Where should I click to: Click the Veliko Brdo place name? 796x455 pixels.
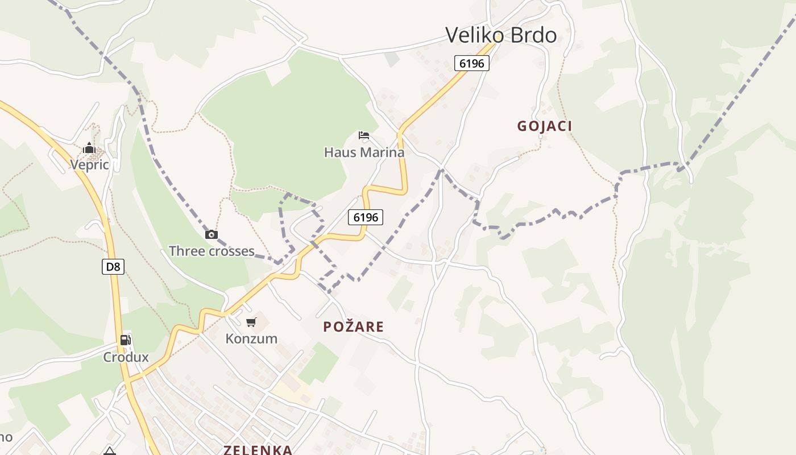[501, 35]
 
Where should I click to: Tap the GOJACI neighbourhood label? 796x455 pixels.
[544, 126]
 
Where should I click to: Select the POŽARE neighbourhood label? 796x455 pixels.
[354, 327]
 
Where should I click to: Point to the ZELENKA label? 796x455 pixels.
[258, 450]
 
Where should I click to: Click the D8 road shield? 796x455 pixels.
[113, 266]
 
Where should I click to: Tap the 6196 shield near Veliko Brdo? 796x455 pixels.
[472, 63]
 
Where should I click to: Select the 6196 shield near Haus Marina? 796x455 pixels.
[366, 217]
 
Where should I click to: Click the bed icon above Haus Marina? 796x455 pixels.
[364, 135]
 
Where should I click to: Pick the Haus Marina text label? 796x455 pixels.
[364, 152]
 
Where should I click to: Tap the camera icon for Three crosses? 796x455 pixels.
[212, 234]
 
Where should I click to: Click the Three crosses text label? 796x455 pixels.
[212, 251]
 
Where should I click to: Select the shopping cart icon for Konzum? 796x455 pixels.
[251, 322]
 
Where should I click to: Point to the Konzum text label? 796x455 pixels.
[251, 339]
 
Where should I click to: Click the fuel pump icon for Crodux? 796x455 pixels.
[126, 340]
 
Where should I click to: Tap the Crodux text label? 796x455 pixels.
[126, 357]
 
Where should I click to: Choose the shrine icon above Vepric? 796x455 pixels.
[89, 148]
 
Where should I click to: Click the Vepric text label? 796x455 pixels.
[89, 165]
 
